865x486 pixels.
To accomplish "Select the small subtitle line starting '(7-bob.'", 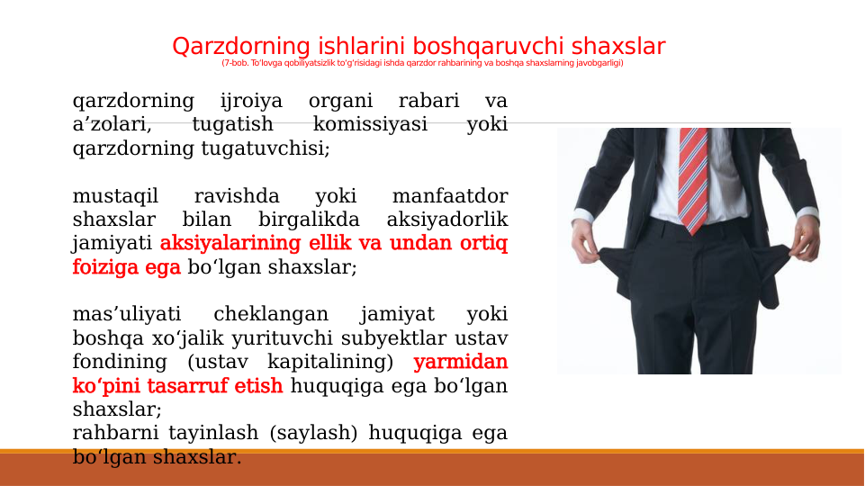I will click(422, 64).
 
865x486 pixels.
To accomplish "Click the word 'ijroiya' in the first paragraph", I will click(251, 101).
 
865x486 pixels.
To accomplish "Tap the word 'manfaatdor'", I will click(450, 196).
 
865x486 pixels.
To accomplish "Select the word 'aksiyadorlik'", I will click(446, 220).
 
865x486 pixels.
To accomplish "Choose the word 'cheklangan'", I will click(270, 315).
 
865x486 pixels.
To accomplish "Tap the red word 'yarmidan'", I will click(460, 363).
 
